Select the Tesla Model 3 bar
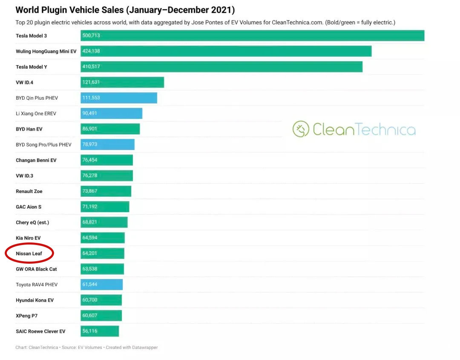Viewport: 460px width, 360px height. pos(252,36)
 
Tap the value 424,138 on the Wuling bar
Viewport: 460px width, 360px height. pos(91,51)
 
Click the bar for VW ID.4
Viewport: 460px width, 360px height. pos(122,82)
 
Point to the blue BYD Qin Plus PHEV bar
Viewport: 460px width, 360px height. pos(119,98)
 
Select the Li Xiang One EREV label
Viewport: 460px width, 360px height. pos(36,114)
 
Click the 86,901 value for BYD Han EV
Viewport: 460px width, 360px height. pos(90,129)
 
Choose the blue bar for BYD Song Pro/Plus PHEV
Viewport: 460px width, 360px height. pos(107,145)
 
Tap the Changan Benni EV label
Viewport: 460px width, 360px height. pos(36,160)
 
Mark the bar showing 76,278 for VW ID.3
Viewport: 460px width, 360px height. pos(106,176)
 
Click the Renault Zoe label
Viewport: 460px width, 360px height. pos(29,191)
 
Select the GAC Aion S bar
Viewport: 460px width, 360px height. pos(105,207)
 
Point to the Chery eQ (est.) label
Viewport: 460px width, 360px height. pos(32,222)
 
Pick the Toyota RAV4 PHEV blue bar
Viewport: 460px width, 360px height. pos(101,285)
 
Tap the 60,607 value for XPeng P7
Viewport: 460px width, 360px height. pos(90,316)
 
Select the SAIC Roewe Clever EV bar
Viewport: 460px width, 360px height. pos(100,331)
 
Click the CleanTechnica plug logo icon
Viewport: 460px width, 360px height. pos(301,129)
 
